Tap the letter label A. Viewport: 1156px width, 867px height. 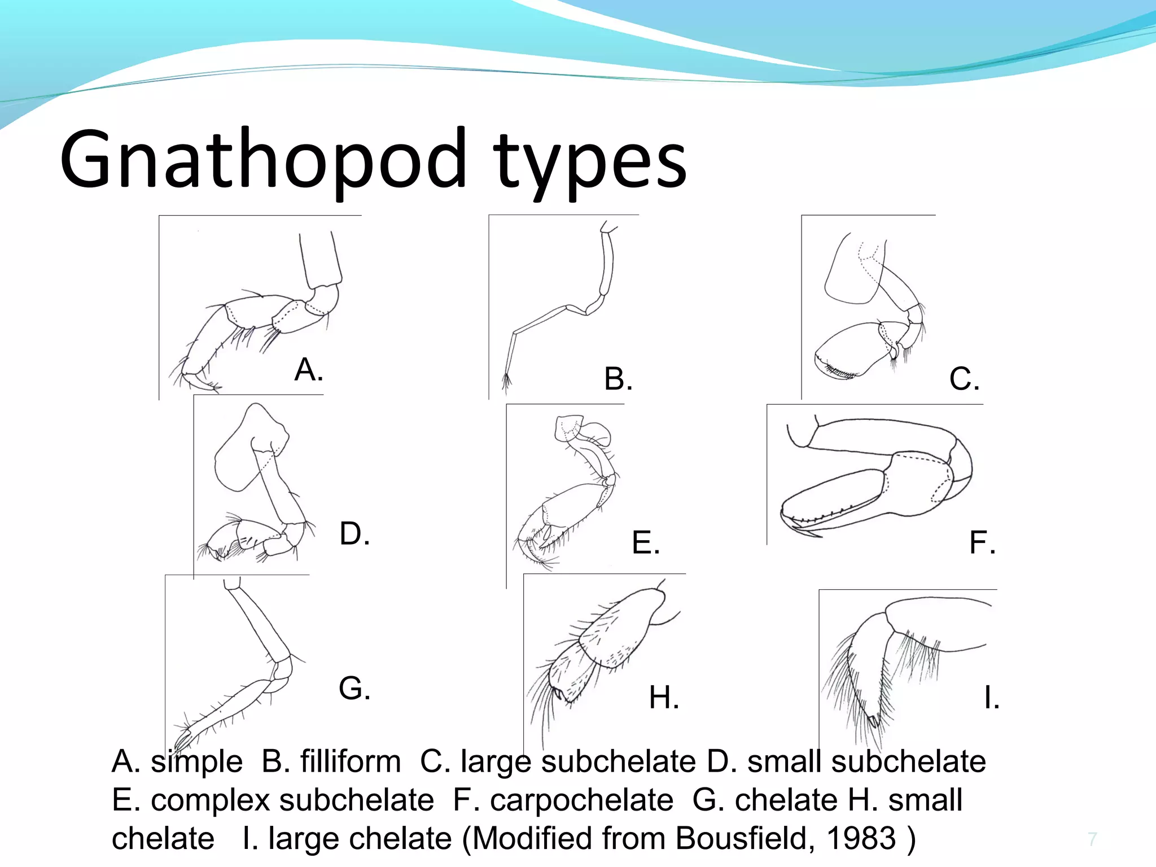point(308,370)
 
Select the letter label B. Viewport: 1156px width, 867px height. point(618,379)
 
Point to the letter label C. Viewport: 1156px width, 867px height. point(964,379)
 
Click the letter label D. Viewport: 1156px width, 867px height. point(354,533)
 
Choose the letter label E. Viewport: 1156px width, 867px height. point(645,542)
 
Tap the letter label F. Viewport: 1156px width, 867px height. point(982,542)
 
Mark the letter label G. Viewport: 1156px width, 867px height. point(354,689)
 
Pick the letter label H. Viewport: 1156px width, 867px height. point(664,698)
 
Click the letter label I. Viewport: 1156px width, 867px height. point(991,698)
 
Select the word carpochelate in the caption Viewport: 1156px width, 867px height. point(581,800)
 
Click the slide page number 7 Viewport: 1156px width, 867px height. point(1092,839)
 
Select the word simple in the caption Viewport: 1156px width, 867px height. point(196,761)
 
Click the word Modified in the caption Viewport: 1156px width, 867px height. point(532,838)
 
